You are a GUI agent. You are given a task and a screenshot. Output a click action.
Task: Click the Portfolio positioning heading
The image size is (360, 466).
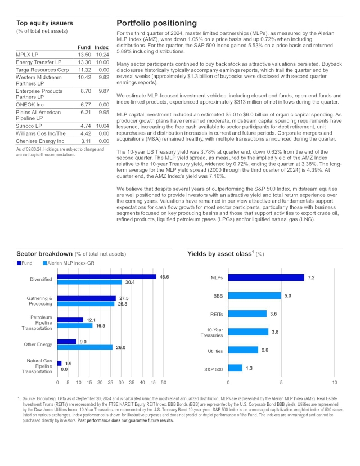[156, 23]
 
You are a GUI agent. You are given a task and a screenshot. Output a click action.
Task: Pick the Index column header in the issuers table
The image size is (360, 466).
[101, 47]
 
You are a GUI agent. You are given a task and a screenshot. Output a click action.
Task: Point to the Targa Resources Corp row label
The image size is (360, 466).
[42, 70]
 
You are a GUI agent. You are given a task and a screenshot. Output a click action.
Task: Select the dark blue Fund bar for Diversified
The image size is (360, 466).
[107, 277]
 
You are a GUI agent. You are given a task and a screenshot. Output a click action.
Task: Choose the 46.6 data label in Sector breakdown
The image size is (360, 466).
[165, 277]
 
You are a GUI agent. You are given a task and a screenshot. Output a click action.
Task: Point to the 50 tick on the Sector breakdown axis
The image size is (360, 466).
[164, 383]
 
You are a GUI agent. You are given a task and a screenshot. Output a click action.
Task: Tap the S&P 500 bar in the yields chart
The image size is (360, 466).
[235, 368]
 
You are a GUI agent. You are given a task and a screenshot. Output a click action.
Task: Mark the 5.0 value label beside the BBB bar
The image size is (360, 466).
[287, 295]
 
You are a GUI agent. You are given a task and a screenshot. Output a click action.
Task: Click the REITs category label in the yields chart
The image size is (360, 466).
[214, 313]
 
